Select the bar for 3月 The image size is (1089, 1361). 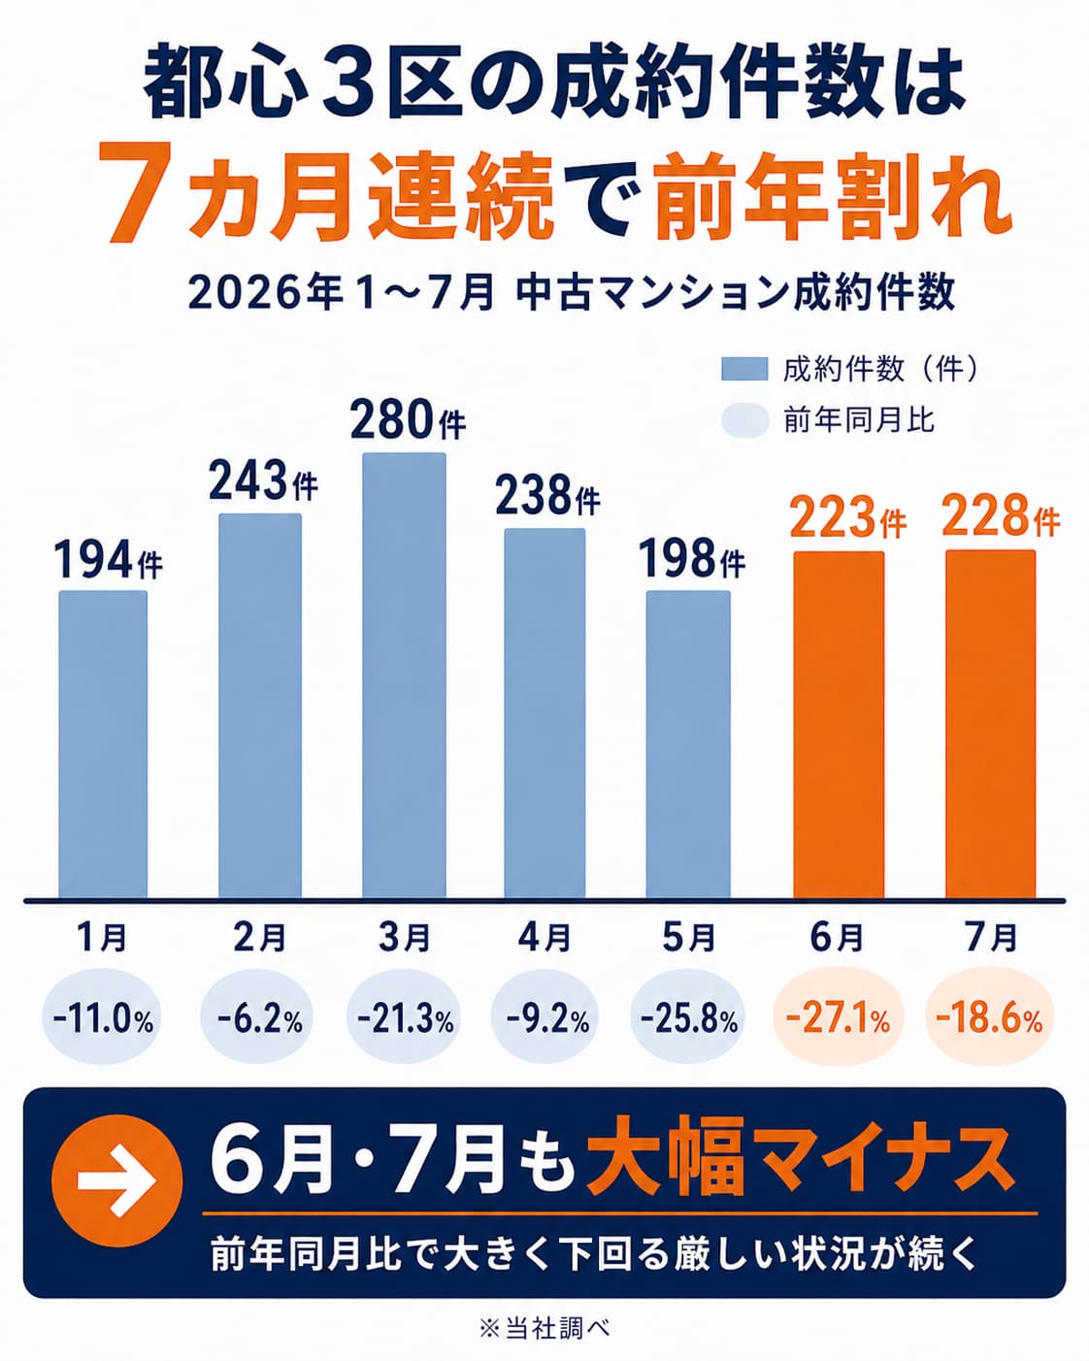tap(404, 675)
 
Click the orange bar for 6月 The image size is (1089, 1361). tap(839, 725)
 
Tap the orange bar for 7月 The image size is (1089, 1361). tap(991, 723)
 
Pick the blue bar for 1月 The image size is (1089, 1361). tap(103, 745)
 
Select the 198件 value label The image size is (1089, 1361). tap(692, 558)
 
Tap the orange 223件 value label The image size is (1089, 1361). tap(847, 518)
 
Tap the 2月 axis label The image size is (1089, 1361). tap(260, 937)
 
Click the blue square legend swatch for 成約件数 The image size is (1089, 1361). tap(744, 369)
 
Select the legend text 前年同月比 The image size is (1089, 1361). tap(859, 420)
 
